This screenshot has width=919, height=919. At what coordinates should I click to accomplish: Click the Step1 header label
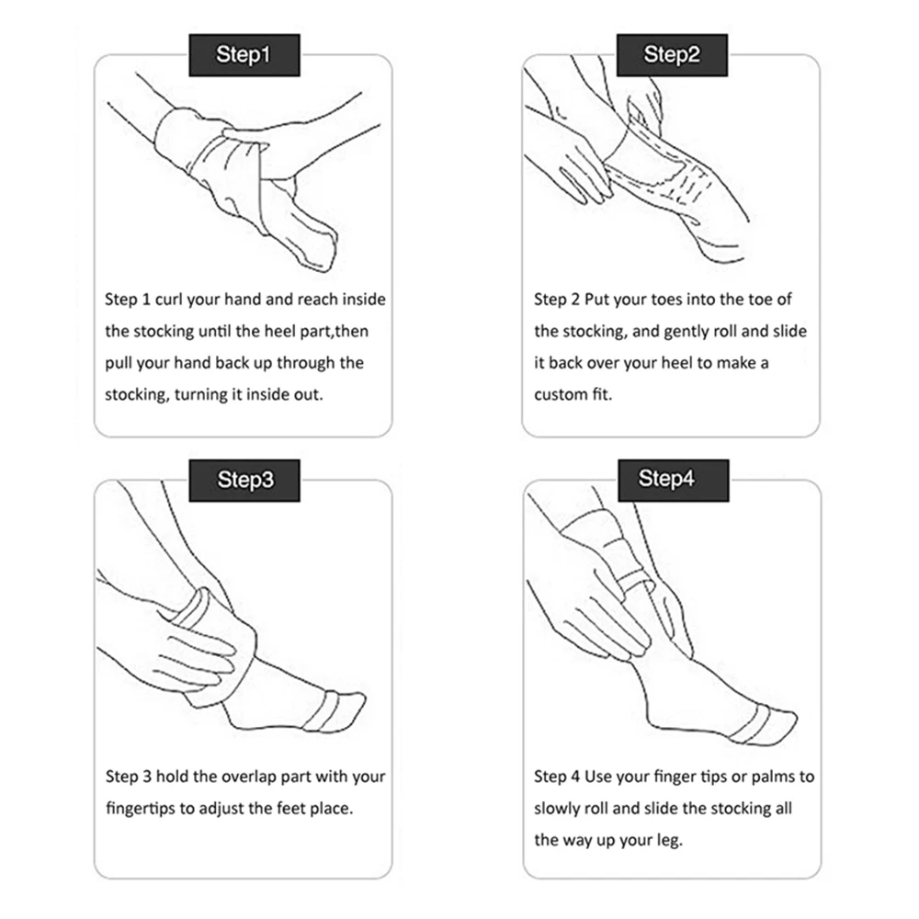(244, 55)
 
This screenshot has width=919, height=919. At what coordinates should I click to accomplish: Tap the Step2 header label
(672, 55)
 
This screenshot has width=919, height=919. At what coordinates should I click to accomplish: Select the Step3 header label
(244, 480)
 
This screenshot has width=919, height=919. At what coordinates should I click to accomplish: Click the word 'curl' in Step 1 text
(169, 300)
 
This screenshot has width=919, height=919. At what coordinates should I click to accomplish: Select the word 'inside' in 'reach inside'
(364, 300)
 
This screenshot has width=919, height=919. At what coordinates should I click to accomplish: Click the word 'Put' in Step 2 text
(596, 300)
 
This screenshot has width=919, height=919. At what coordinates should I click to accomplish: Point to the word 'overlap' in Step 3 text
(248, 777)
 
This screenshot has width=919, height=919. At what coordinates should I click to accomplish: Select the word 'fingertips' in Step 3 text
(140, 809)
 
